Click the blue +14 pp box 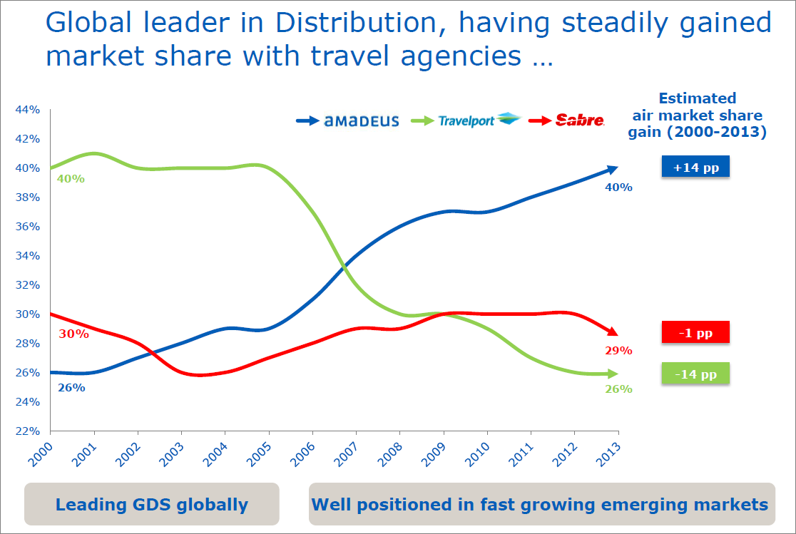coord(695,168)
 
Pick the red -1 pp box coord(695,332)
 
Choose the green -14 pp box coord(695,374)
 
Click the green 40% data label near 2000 coord(71,179)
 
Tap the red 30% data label coord(74,334)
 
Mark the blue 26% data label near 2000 coord(71,388)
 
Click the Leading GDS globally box coord(152,505)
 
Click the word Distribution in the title coord(370,24)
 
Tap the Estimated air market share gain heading coord(697,115)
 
